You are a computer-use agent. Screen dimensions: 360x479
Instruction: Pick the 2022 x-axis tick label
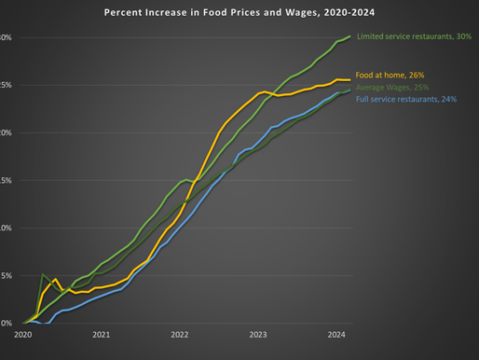click(179, 334)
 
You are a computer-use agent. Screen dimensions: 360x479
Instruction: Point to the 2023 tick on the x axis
click(257, 334)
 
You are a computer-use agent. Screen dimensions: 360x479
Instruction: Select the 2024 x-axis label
click(335, 334)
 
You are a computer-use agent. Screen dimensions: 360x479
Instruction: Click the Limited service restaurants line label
click(414, 36)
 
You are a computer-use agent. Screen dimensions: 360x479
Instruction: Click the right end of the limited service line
click(350, 36)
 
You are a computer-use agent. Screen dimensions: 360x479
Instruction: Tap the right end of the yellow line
click(350, 80)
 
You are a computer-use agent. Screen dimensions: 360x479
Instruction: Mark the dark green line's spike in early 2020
click(43, 275)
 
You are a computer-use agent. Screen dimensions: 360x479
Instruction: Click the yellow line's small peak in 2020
click(55, 279)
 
